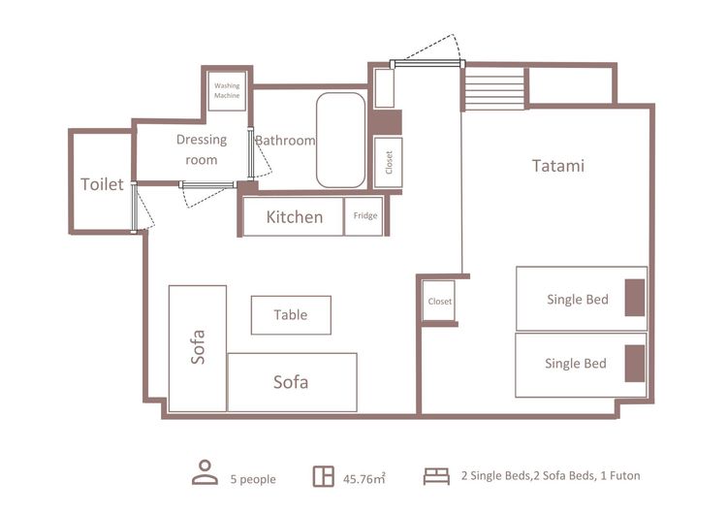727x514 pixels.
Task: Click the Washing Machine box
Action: (x=227, y=91)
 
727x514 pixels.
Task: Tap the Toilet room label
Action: (x=102, y=184)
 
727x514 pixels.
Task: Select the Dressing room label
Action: (x=202, y=149)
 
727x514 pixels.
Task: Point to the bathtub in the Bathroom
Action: (x=341, y=140)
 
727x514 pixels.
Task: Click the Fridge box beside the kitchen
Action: (x=363, y=216)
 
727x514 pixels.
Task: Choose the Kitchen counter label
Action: (x=295, y=217)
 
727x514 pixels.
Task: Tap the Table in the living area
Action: (x=291, y=315)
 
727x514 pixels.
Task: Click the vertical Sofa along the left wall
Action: (x=198, y=348)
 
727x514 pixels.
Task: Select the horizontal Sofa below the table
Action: (x=292, y=382)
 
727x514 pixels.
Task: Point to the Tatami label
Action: (x=558, y=166)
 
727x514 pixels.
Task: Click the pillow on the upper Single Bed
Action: (x=635, y=298)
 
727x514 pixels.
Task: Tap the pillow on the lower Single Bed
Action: (x=635, y=364)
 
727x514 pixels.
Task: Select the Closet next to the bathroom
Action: (x=388, y=162)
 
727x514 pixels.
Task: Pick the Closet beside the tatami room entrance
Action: (x=438, y=301)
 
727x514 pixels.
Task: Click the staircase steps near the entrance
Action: (x=494, y=88)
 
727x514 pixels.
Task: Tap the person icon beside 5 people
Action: (x=205, y=472)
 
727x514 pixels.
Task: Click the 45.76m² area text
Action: (x=363, y=478)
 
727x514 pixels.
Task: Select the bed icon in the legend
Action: (x=436, y=476)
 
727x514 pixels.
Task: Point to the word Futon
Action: (x=624, y=475)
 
